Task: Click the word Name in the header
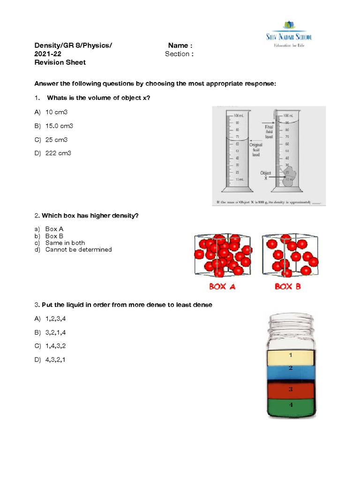click(179, 45)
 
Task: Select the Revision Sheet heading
click(60, 62)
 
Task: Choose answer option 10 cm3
click(57, 112)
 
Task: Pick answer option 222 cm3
click(58, 153)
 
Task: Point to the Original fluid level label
click(256, 150)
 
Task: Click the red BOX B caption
click(287, 286)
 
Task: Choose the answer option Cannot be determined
click(78, 250)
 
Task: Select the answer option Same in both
click(65, 243)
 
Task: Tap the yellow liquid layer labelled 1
click(290, 357)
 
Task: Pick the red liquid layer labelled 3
click(290, 390)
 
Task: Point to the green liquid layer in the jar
click(290, 406)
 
